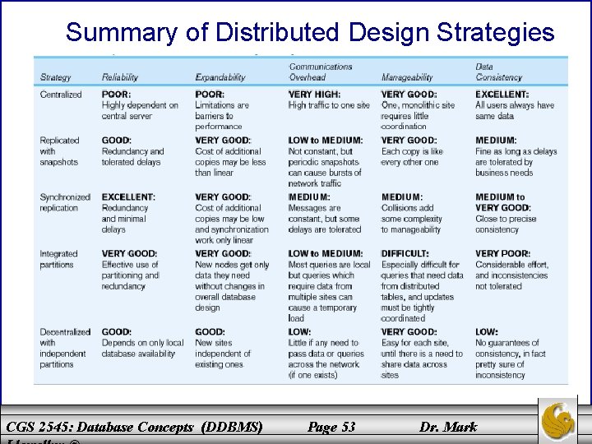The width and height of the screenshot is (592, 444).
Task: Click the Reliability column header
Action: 119,77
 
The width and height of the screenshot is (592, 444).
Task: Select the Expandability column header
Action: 220,77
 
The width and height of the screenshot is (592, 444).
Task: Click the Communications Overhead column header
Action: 320,72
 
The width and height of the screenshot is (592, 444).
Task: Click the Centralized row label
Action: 61,95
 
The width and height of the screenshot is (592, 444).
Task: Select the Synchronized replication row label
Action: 65,203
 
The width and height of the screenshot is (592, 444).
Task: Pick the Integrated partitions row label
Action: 58,260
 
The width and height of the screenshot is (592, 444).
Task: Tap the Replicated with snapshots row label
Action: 59,151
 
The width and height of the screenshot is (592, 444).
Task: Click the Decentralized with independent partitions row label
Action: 64,348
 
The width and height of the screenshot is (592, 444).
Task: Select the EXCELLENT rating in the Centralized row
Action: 502,95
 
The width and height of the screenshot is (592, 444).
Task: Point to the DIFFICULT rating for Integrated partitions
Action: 405,254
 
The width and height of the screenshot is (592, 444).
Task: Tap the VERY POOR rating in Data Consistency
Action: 502,254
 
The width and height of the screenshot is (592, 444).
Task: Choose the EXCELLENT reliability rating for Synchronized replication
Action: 128,197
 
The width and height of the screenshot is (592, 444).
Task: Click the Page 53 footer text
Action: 331,426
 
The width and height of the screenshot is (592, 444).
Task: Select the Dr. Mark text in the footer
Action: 447,426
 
